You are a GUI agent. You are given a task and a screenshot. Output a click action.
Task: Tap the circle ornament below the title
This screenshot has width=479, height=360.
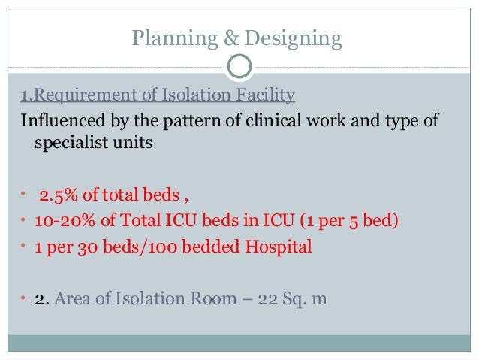[x=239, y=67]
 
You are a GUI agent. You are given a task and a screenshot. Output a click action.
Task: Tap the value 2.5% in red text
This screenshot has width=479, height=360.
[x=56, y=198]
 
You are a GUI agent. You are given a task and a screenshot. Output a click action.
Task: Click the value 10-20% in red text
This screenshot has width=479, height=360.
[x=59, y=222]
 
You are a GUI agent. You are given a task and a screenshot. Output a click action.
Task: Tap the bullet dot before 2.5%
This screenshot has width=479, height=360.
[x=23, y=198]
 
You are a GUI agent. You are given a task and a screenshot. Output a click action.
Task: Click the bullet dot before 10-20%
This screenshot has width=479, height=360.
[x=23, y=222]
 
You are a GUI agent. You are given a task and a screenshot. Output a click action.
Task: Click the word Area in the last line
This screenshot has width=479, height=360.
[x=74, y=298]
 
